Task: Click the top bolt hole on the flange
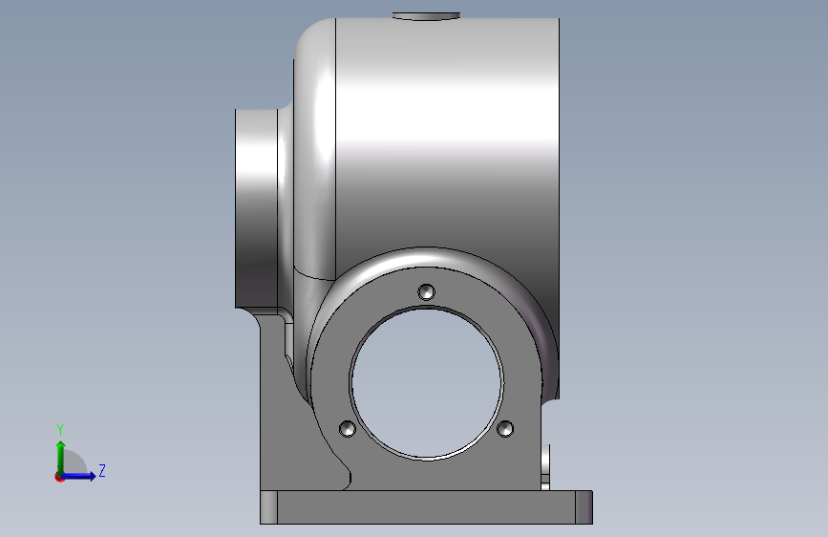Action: point(427,291)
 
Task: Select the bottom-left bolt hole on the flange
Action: point(347,428)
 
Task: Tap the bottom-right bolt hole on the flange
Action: point(505,428)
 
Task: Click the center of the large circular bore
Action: point(427,382)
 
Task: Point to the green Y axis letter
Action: point(60,429)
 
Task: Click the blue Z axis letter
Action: point(102,470)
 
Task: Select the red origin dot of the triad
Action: point(59,477)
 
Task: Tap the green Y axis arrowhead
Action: point(61,445)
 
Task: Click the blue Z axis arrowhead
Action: point(92,476)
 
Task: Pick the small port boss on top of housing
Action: point(426,16)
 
